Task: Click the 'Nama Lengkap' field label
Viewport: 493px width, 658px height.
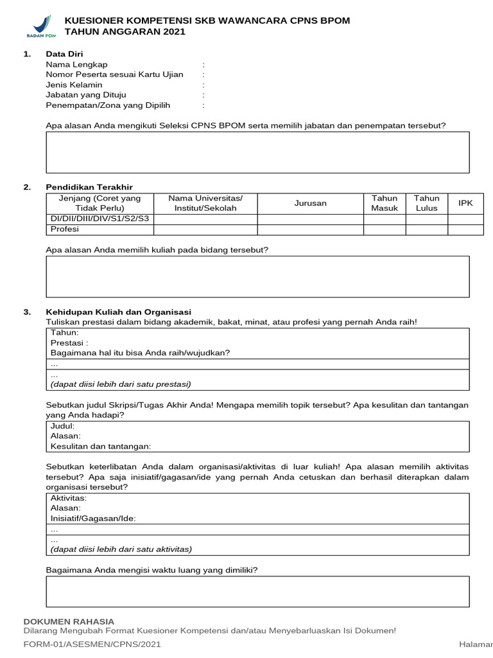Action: click(76, 64)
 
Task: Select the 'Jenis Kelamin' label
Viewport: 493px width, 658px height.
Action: click(74, 85)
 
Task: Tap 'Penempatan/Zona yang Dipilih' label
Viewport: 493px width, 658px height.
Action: click(108, 105)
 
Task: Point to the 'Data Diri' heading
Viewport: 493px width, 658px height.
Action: click(64, 54)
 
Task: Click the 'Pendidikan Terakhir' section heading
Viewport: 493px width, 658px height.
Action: click(89, 187)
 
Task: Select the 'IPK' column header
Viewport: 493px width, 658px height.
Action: click(465, 203)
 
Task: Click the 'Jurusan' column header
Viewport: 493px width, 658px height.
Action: click(310, 203)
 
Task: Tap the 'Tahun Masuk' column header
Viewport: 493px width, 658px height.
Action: click(385, 203)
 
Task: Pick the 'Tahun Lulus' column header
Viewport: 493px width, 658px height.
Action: click(426, 203)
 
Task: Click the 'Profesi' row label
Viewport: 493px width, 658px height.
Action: click(64, 229)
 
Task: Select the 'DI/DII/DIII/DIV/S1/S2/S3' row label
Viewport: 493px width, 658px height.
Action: click(99, 219)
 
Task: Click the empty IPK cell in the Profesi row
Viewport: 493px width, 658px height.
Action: click(465, 229)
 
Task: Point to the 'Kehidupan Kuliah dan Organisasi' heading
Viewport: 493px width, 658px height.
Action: click(118, 312)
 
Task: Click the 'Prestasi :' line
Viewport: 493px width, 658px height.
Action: click(69, 342)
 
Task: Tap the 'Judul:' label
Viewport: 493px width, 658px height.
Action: click(62, 426)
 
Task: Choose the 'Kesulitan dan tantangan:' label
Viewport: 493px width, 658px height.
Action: click(100, 446)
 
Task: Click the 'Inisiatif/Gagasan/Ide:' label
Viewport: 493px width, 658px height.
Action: click(93, 519)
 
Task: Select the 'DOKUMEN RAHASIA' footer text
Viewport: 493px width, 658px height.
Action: click(69, 621)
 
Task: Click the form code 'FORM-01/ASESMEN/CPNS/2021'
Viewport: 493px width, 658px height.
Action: click(92, 644)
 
